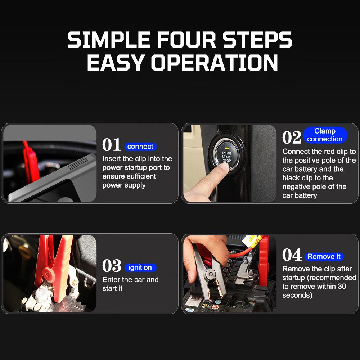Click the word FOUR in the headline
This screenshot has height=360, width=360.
tap(186, 40)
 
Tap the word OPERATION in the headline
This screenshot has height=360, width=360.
tap(214, 62)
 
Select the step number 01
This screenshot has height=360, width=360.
tap(111, 145)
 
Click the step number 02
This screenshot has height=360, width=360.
tap(292, 137)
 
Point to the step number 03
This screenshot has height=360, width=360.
tap(112, 266)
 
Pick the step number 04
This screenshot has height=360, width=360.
tap(292, 255)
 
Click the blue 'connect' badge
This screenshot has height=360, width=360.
tap(140, 147)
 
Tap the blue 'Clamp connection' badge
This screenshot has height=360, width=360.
tap(325, 135)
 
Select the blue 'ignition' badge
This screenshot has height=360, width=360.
tap(140, 267)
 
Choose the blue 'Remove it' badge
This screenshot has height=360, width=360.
tap(324, 256)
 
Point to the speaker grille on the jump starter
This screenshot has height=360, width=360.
tap(78, 164)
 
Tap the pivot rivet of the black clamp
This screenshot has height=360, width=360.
tap(210, 274)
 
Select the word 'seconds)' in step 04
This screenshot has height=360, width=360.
tap(297, 295)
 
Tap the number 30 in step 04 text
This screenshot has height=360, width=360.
tap(342, 286)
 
